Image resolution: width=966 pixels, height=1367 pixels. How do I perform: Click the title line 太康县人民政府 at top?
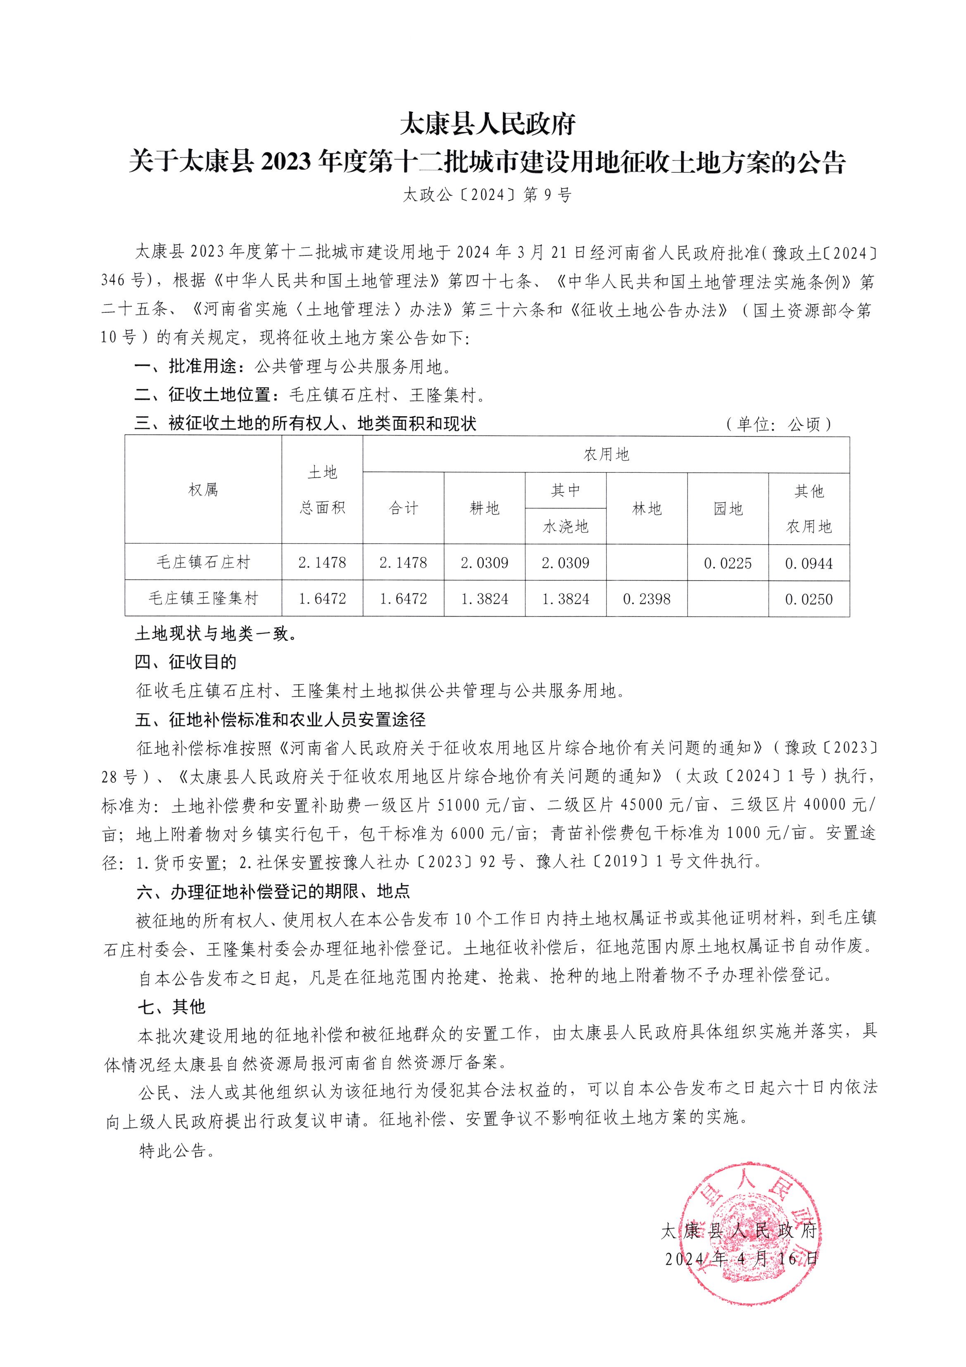(486, 124)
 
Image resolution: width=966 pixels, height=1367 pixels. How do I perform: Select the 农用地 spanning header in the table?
(605, 454)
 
